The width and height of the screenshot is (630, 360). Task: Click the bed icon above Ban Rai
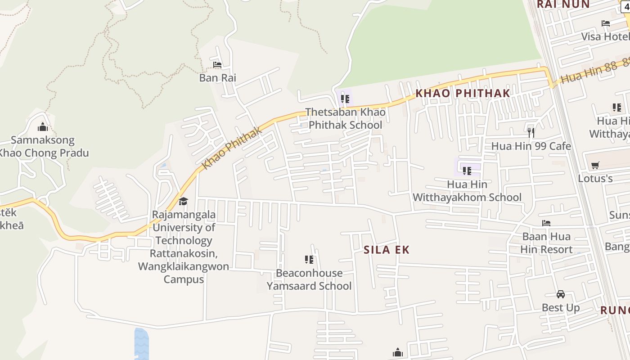[x=217, y=65]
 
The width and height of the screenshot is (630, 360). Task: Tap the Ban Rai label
[x=217, y=78]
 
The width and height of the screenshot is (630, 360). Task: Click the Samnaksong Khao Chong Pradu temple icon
[x=43, y=127]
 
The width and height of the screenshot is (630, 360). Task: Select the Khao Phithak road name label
[x=232, y=148]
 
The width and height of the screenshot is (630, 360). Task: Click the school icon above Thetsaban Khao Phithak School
[x=345, y=99]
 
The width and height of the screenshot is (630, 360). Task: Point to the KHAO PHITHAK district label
[x=463, y=93]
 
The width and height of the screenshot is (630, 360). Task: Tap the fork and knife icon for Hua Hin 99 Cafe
[x=531, y=132]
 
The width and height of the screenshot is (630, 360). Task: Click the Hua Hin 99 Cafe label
[x=531, y=146]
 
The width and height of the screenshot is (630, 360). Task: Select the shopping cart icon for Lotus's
[x=595, y=165]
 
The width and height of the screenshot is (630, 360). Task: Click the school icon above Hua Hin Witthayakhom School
[x=467, y=171]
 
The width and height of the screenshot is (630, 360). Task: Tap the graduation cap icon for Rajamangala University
[x=183, y=201]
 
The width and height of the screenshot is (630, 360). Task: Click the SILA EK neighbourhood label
[x=387, y=250]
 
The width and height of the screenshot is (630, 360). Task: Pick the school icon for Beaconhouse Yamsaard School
[x=309, y=259]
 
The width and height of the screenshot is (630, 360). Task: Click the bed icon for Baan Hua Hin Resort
[x=546, y=223]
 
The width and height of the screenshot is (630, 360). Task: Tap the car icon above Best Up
[x=560, y=294]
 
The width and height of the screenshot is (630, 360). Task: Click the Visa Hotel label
[x=605, y=36]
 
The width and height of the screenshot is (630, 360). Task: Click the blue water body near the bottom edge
[x=141, y=344]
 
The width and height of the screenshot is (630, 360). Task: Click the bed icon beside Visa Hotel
[x=606, y=23]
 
